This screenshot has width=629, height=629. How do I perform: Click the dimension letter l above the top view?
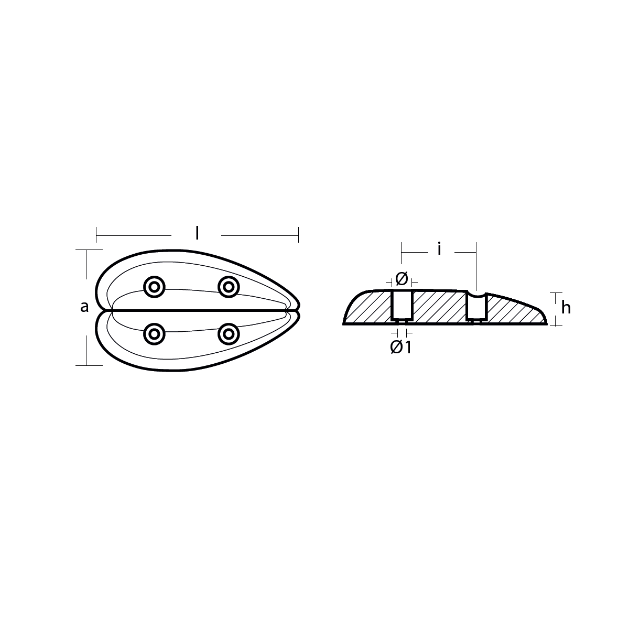point(197,233)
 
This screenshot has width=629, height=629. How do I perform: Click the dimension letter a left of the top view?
point(84,307)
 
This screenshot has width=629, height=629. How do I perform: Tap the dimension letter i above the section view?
point(440,250)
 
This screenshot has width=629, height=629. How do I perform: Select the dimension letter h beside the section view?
point(566,308)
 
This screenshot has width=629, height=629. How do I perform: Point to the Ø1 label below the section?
point(400,348)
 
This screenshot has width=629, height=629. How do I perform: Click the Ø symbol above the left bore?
point(402,279)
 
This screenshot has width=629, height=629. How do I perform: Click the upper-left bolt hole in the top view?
point(155,287)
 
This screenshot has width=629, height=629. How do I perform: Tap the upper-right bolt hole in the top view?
point(229,287)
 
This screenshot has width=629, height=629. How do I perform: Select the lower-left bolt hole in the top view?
point(155,334)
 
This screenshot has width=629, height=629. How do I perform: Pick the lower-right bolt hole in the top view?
point(229,334)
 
